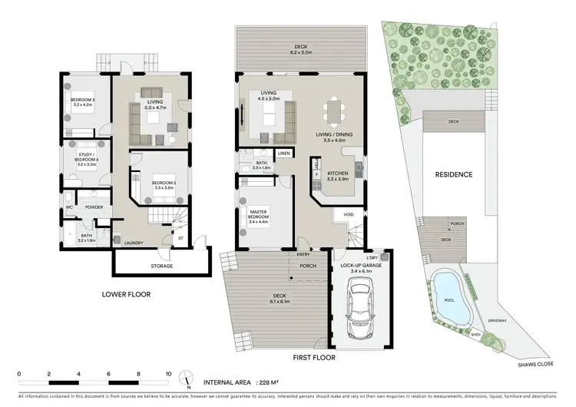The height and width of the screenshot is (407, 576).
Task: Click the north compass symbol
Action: [x=187, y=378]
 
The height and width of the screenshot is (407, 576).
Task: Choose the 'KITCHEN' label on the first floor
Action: [x=338, y=174]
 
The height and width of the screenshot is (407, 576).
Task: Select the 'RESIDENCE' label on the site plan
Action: [x=453, y=175]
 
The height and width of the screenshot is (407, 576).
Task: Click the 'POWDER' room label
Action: [x=94, y=207]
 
